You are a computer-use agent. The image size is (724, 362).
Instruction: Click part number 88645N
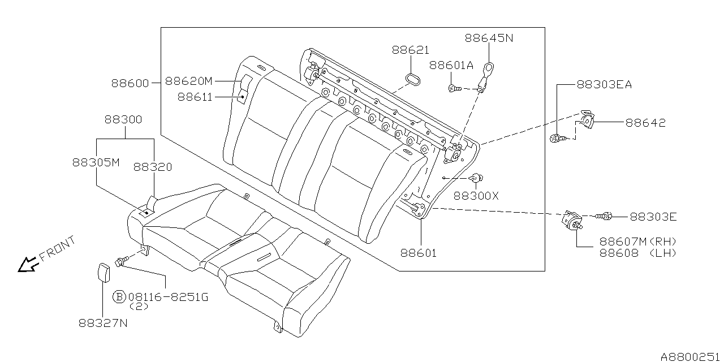(489, 38)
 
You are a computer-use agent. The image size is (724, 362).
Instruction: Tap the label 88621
(410, 50)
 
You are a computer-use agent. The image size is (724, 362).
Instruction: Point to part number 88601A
(451, 65)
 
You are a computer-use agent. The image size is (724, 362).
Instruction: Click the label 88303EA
(604, 85)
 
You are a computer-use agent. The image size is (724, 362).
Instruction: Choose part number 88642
(645, 122)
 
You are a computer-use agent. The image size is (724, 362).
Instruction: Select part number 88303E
(653, 217)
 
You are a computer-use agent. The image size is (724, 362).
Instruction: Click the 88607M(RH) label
(639, 242)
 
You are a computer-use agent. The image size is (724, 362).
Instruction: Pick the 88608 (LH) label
(639, 253)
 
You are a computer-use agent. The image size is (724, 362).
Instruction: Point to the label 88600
(130, 83)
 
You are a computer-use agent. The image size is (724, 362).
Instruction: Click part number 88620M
(188, 80)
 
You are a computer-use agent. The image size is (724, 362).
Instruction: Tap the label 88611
(195, 97)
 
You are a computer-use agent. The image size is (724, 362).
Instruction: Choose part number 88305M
(96, 162)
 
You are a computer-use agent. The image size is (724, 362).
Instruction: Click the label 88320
(153, 167)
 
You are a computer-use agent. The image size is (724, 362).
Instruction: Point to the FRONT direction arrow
(26, 264)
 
